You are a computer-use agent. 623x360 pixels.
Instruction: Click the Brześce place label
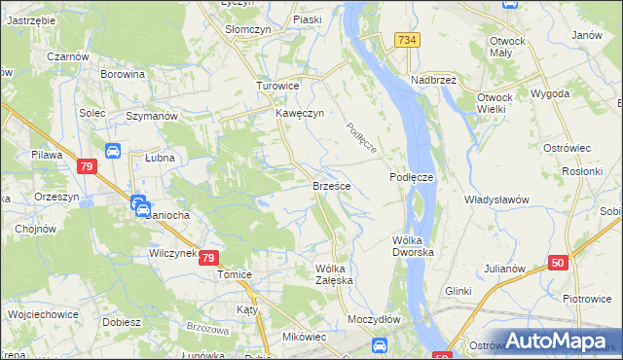click(x=331, y=185)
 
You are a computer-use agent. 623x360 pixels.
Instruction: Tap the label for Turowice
click(x=276, y=86)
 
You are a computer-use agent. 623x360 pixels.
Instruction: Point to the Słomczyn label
click(x=247, y=30)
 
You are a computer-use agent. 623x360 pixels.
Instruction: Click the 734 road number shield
click(x=408, y=39)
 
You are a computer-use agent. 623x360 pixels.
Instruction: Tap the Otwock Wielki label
click(x=502, y=104)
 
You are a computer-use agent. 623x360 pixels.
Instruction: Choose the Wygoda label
click(x=550, y=94)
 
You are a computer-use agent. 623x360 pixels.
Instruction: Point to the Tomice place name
click(x=235, y=274)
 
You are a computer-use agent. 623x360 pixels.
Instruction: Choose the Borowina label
click(x=124, y=74)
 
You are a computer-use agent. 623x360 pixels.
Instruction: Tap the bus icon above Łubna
click(x=112, y=151)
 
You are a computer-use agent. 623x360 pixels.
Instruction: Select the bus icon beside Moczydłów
click(x=381, y=344)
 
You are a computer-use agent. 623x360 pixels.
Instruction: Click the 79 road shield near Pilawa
click(x=86, y=167)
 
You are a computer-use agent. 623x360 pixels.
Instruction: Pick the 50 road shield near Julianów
click(x=558, y=263)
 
